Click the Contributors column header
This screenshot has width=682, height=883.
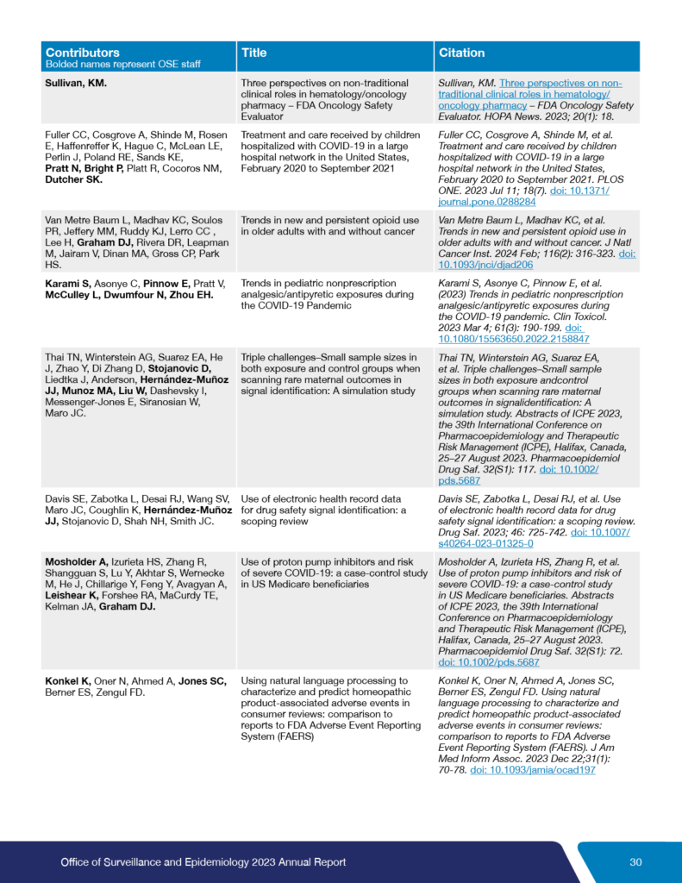(x=83, y=53)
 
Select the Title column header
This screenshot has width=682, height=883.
(x=253, y=53)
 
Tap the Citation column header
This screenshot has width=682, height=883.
(x=462, y=53)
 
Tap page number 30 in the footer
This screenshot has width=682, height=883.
(x=635, y=861)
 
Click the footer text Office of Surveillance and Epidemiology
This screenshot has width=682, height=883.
(x=203, y=861)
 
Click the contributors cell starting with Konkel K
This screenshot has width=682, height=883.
(x=135, y=686)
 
